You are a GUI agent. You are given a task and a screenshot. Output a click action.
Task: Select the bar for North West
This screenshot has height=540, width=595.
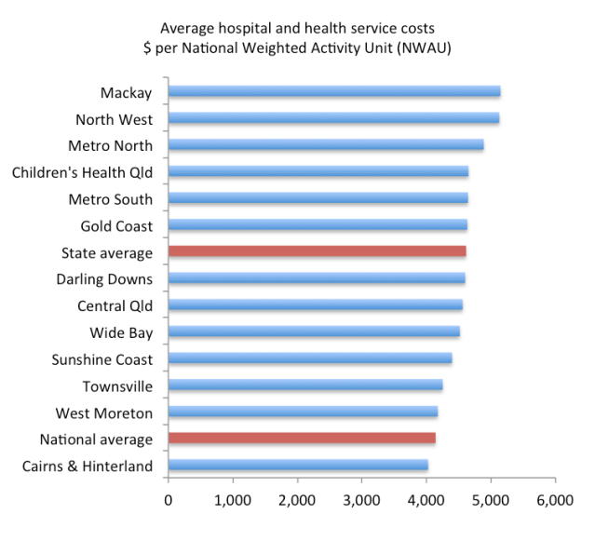(x=333, y=118)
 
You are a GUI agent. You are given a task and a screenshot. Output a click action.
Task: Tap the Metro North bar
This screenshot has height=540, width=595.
(x=325, y=145)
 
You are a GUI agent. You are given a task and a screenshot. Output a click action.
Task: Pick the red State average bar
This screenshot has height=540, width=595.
(x=317, y=251)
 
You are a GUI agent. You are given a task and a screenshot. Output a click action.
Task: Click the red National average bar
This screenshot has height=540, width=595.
(x=301, y=439)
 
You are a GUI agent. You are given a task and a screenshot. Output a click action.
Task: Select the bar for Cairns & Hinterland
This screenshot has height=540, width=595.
(x=298, y=466)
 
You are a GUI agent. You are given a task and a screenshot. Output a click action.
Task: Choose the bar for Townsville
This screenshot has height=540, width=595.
(x=304, y=385)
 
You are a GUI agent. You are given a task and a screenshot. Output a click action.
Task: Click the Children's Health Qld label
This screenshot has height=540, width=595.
(x=82, y=172)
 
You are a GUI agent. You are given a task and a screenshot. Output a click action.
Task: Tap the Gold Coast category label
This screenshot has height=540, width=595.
(x=116, y=226)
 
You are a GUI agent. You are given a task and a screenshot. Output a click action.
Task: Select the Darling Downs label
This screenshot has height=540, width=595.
(x=104, y=279)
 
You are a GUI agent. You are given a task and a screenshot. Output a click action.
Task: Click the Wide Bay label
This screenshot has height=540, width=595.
(x=121, y=332)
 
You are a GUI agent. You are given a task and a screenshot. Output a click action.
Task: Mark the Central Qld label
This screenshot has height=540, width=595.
(x=115, y=306)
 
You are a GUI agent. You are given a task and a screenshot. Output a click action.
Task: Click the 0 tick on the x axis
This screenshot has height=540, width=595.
(x=168, y=501)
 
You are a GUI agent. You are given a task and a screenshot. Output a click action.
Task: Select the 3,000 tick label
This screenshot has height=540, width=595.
(x=361, y=501)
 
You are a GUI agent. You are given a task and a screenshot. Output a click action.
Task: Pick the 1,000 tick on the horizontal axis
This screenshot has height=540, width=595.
(x=232, y=501)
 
